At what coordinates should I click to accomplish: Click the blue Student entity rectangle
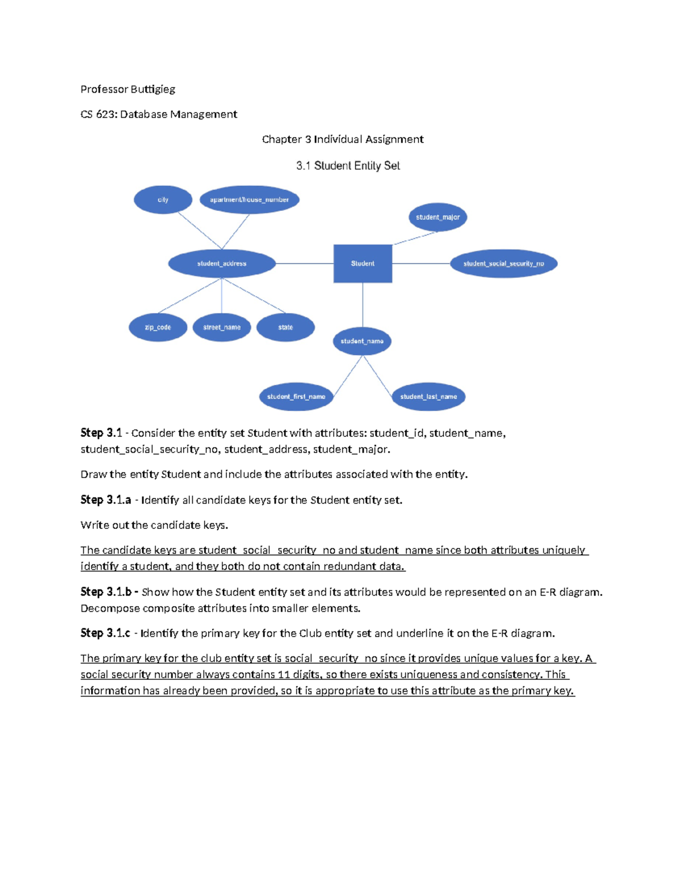point(362,264)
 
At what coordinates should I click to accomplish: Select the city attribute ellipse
point(163,200)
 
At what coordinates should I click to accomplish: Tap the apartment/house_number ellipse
point(249,200)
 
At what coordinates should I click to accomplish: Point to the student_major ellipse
point(437,217)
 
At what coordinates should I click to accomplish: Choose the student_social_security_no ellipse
point(503,264)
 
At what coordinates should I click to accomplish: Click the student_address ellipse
point(222,264)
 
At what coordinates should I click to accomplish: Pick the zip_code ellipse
point(158,328)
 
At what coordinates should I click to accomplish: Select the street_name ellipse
point(222,328)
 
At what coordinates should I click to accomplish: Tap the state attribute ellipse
point(285,328)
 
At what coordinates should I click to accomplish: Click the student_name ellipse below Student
point(362,341)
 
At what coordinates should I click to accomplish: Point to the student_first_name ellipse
point(296,397)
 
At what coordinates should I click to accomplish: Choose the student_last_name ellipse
point(428,397)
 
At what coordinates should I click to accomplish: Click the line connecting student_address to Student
point(305,264)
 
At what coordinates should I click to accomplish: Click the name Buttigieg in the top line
point(153,89)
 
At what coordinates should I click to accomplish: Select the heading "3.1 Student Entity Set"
point(348,166)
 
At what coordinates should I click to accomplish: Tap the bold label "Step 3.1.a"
point(106,500)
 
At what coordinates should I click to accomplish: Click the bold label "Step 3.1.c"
point(105,633)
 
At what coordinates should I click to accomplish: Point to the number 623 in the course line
point(106,114)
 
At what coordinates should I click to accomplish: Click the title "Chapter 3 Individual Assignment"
point(342,140)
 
